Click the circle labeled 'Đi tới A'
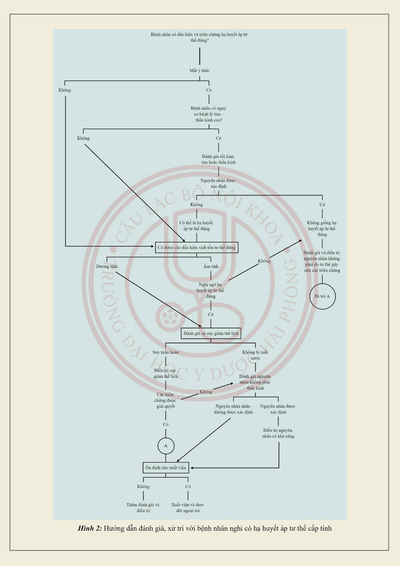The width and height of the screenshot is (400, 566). (322, 296)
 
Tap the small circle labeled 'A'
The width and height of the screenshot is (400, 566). (166, 446)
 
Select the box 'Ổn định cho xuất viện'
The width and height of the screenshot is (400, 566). (166, 468)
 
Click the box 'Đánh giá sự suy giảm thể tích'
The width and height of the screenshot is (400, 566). (211, 333)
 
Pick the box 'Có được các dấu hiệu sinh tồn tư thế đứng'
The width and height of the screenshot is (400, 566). (197, 248)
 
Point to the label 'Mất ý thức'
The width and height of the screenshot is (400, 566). (199, 70)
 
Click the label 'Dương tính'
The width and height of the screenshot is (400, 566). (107, 266)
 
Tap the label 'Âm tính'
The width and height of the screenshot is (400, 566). (211, 266)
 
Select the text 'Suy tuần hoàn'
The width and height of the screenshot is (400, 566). (166, 352)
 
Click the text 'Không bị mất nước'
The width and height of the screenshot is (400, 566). (255, 355)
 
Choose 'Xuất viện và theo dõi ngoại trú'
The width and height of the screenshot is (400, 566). (187, 508)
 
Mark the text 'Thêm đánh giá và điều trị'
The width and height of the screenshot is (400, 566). (143, 508)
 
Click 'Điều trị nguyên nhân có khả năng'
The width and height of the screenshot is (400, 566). (278, 433)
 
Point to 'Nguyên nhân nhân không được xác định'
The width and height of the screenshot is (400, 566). (233, 409)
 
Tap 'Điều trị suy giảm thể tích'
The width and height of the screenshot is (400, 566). (166, 374)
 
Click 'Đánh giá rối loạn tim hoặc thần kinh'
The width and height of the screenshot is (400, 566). (218, 159)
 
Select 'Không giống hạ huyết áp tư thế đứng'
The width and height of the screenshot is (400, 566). (322, 229)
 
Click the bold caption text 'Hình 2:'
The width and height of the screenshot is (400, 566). (90, 529)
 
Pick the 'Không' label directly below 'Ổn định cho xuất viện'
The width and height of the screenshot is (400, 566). (143, 487)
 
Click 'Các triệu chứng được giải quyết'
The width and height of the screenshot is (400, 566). (166, 400)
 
